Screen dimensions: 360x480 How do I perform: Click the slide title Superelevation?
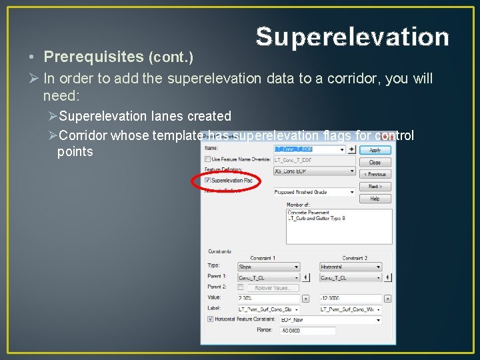click(352, 37)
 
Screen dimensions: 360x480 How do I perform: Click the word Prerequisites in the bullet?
click(93, 57)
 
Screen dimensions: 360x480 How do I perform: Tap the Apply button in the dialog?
click(375, 150)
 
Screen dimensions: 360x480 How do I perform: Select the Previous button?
click(375, 174)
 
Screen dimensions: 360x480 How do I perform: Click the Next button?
click(375, 187)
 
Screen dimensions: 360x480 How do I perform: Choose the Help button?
click(375, 199)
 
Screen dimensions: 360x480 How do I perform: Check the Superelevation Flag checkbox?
click(208, 181)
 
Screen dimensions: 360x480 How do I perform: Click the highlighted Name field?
click(307, 149)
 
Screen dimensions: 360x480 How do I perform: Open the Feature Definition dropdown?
click(353, 171)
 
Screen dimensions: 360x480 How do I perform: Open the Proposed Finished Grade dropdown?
click(352, 192)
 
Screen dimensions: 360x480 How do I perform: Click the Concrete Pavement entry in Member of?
click(309, 213)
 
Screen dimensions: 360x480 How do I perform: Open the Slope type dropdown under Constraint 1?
click(297, 267)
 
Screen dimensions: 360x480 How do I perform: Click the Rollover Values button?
click(273, 288)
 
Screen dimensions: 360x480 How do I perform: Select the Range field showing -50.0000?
click(307, 331)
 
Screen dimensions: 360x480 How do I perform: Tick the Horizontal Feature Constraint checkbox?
click(209, 319)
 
